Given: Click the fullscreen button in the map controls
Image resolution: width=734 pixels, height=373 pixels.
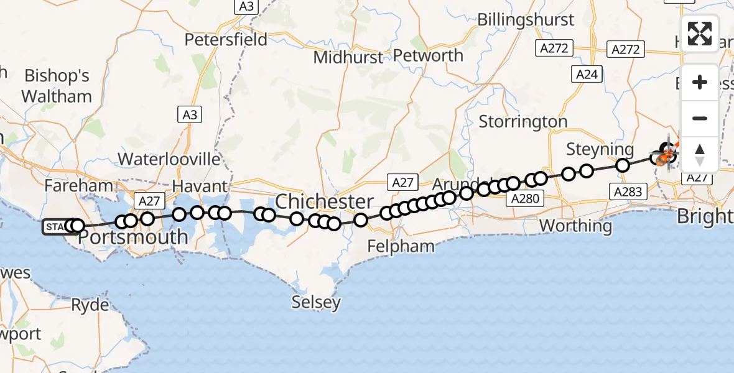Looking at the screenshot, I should point(700,34).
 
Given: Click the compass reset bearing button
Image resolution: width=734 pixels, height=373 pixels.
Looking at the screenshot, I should point(700,155).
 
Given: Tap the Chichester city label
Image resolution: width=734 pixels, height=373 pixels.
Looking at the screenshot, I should point(324,201).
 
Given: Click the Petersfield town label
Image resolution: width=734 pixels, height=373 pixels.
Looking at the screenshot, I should point(226,40).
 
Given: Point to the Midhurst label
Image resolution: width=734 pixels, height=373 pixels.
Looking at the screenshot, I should point(348,57).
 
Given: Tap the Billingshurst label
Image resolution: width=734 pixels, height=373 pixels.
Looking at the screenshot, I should point(526,19).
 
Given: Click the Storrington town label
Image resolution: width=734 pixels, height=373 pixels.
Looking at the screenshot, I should point(523,122).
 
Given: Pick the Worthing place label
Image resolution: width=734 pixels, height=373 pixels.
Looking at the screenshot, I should point(576,225).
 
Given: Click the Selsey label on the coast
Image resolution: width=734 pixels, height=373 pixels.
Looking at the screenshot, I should point(317,303).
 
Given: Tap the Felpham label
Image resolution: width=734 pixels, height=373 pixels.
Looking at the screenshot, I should point(401,246).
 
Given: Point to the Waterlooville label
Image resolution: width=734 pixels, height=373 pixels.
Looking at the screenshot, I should point(169,159).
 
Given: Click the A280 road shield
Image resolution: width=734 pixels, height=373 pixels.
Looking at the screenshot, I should point(526,198).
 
